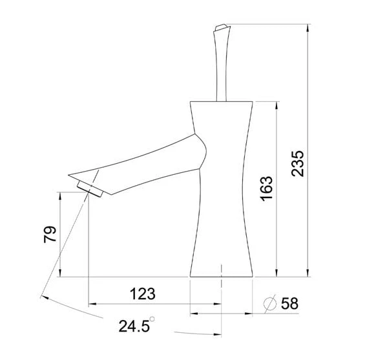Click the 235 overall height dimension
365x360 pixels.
click(298, 164)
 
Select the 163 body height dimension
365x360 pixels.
click(266, 188)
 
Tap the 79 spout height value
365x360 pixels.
click(50, 234)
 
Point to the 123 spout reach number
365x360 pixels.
click(143, 294)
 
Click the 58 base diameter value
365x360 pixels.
click(289, 303)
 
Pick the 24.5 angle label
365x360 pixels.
click(134, 326)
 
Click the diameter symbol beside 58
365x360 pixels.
click(269, 303)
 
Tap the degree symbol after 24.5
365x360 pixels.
click(152, 319)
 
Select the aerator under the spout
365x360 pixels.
click(90, 189)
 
